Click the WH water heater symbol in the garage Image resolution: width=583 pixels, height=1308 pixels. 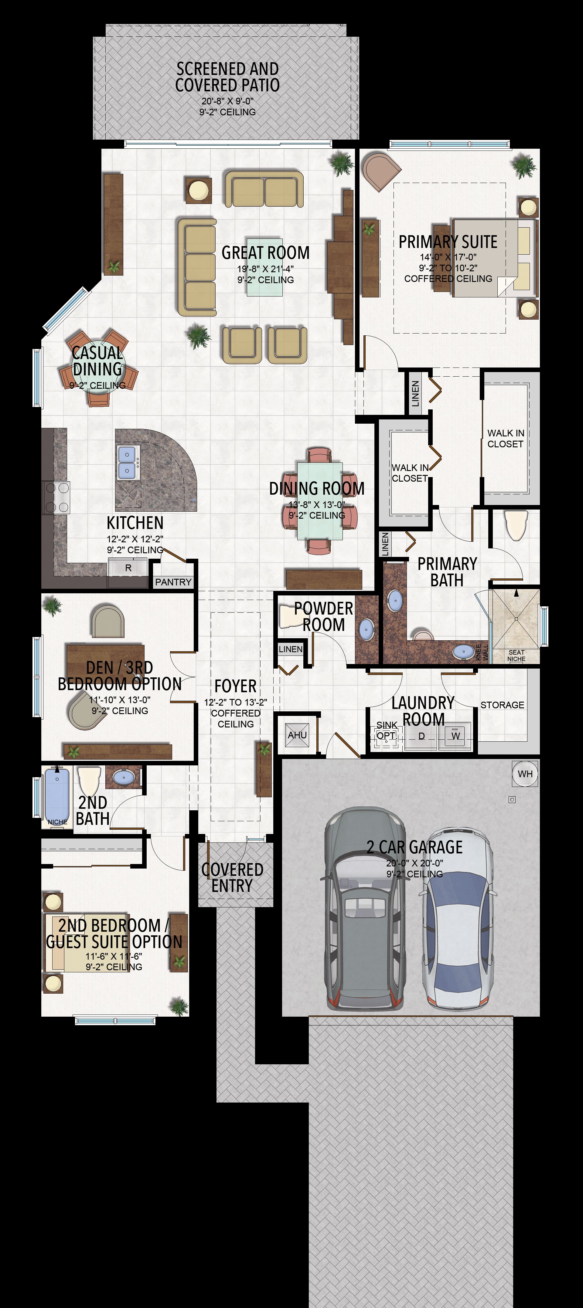click(525, 774)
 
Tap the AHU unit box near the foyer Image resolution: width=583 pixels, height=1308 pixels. click(298, 735)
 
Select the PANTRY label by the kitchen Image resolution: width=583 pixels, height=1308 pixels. click(173, 582)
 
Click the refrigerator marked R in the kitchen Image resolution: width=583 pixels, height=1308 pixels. click(128, 568)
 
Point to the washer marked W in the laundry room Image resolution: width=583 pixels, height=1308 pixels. click(455, 736)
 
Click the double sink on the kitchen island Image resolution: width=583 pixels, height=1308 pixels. click(127, 463)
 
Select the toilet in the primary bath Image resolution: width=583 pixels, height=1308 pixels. click(517, 526)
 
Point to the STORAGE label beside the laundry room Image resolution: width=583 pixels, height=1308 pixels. click(502, 705)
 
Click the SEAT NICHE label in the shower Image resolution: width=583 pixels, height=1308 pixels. click(517, 656)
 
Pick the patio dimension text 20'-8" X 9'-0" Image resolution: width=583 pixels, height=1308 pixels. click(227, 101)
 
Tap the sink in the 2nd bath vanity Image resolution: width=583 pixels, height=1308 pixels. click(123, 777)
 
